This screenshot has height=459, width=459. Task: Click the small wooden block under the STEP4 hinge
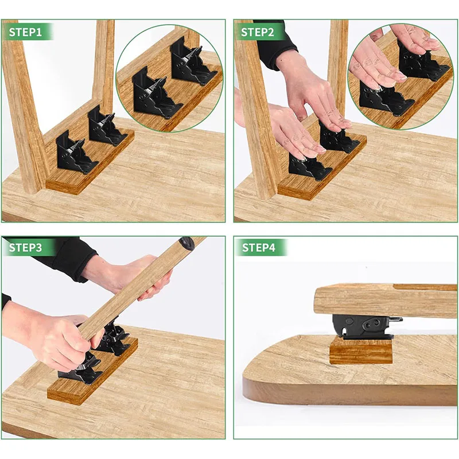(360, 350)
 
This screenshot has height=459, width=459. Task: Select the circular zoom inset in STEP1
(170, 78)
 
